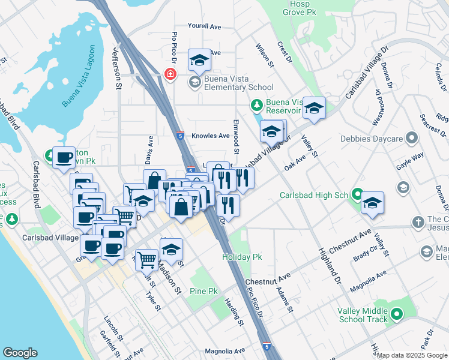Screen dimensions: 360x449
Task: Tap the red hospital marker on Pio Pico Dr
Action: pos(170,74)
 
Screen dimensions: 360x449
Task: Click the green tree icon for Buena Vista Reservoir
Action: pos(257,106)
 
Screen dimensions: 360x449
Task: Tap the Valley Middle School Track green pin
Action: pos(396,314)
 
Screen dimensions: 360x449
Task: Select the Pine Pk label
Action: pos(203,291)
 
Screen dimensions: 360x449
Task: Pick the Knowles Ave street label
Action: pos(211,136)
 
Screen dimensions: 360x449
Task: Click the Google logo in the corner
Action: pos(20,353)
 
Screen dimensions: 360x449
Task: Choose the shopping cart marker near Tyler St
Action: pos(146,260)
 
